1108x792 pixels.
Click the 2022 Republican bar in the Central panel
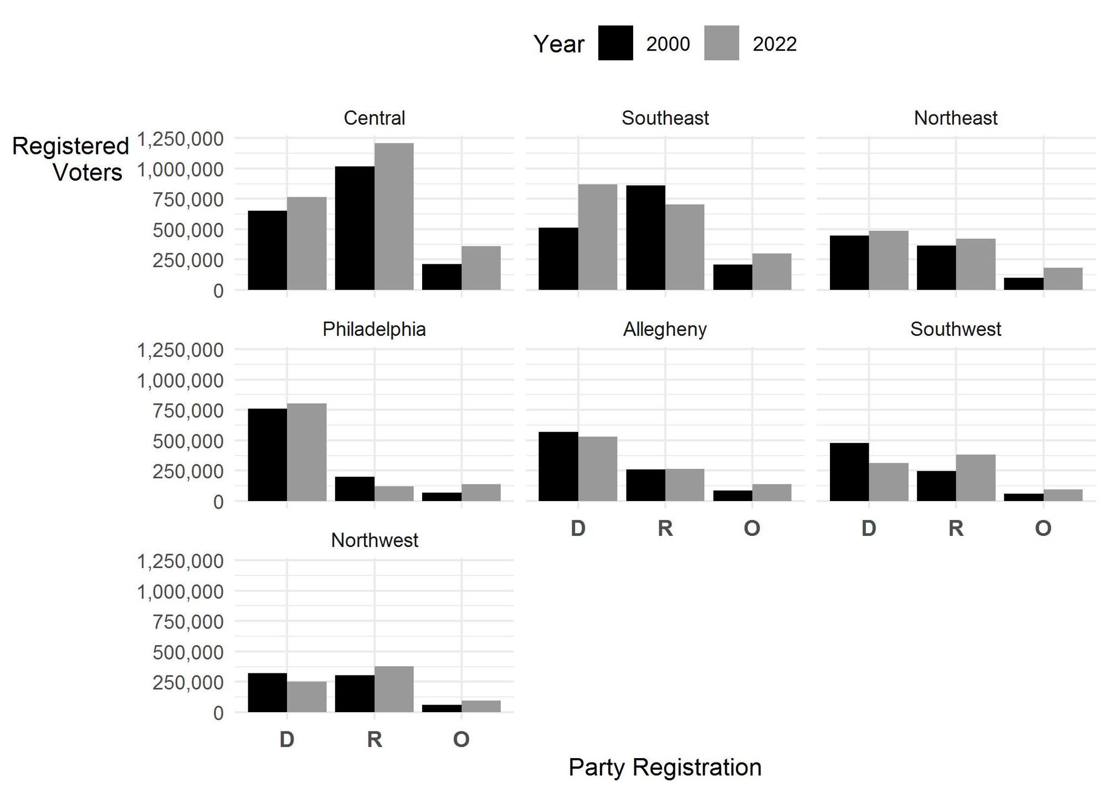394,216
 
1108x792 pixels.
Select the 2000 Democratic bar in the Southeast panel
558,258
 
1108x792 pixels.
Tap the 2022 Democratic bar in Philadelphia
306,452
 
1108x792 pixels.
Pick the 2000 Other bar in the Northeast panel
1023,284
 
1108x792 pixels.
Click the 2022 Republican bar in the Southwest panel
976,478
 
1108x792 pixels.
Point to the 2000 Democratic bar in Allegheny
558,466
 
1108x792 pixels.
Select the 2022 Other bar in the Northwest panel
481,707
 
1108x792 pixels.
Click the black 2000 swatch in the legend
615,43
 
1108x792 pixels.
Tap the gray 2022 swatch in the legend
721,43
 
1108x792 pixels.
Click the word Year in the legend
558,44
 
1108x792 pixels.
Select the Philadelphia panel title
374,329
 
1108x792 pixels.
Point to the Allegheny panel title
665,329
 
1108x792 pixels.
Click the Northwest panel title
375,540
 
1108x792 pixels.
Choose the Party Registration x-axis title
665,768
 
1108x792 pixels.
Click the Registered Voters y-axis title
70,159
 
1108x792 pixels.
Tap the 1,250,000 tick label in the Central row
180,139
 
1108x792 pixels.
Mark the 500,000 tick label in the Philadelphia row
188,441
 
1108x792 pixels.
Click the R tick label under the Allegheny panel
665,528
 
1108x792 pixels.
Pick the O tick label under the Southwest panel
1043,528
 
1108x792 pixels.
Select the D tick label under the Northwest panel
287,739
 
